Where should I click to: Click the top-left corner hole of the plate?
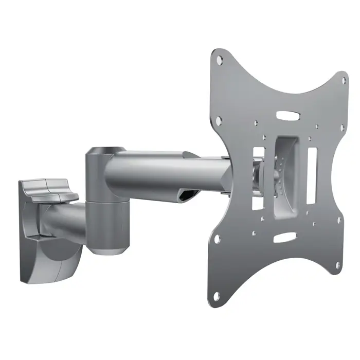pos(220,59)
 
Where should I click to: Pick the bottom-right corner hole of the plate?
pos(338,265)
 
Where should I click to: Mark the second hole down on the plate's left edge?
pos(219,121)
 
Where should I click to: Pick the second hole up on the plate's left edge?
pos(217,239)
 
